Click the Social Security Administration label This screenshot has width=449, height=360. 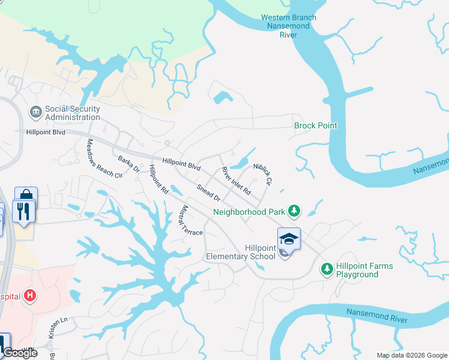click(x=72, y=113)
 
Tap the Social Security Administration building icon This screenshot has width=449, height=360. click(x=35, y=112)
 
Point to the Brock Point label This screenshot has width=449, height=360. click(x=315, y=125)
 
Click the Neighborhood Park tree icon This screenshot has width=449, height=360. click(x=294, y=211)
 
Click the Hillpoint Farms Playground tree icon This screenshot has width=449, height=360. click(x=327, y=269)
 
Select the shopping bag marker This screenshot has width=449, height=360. click(x=26, y=196)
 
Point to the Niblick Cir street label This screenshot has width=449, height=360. click(x=263, y=174)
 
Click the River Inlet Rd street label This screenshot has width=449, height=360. click(x=236, y=184)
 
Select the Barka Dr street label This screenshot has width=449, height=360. click(x=128, y=164)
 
